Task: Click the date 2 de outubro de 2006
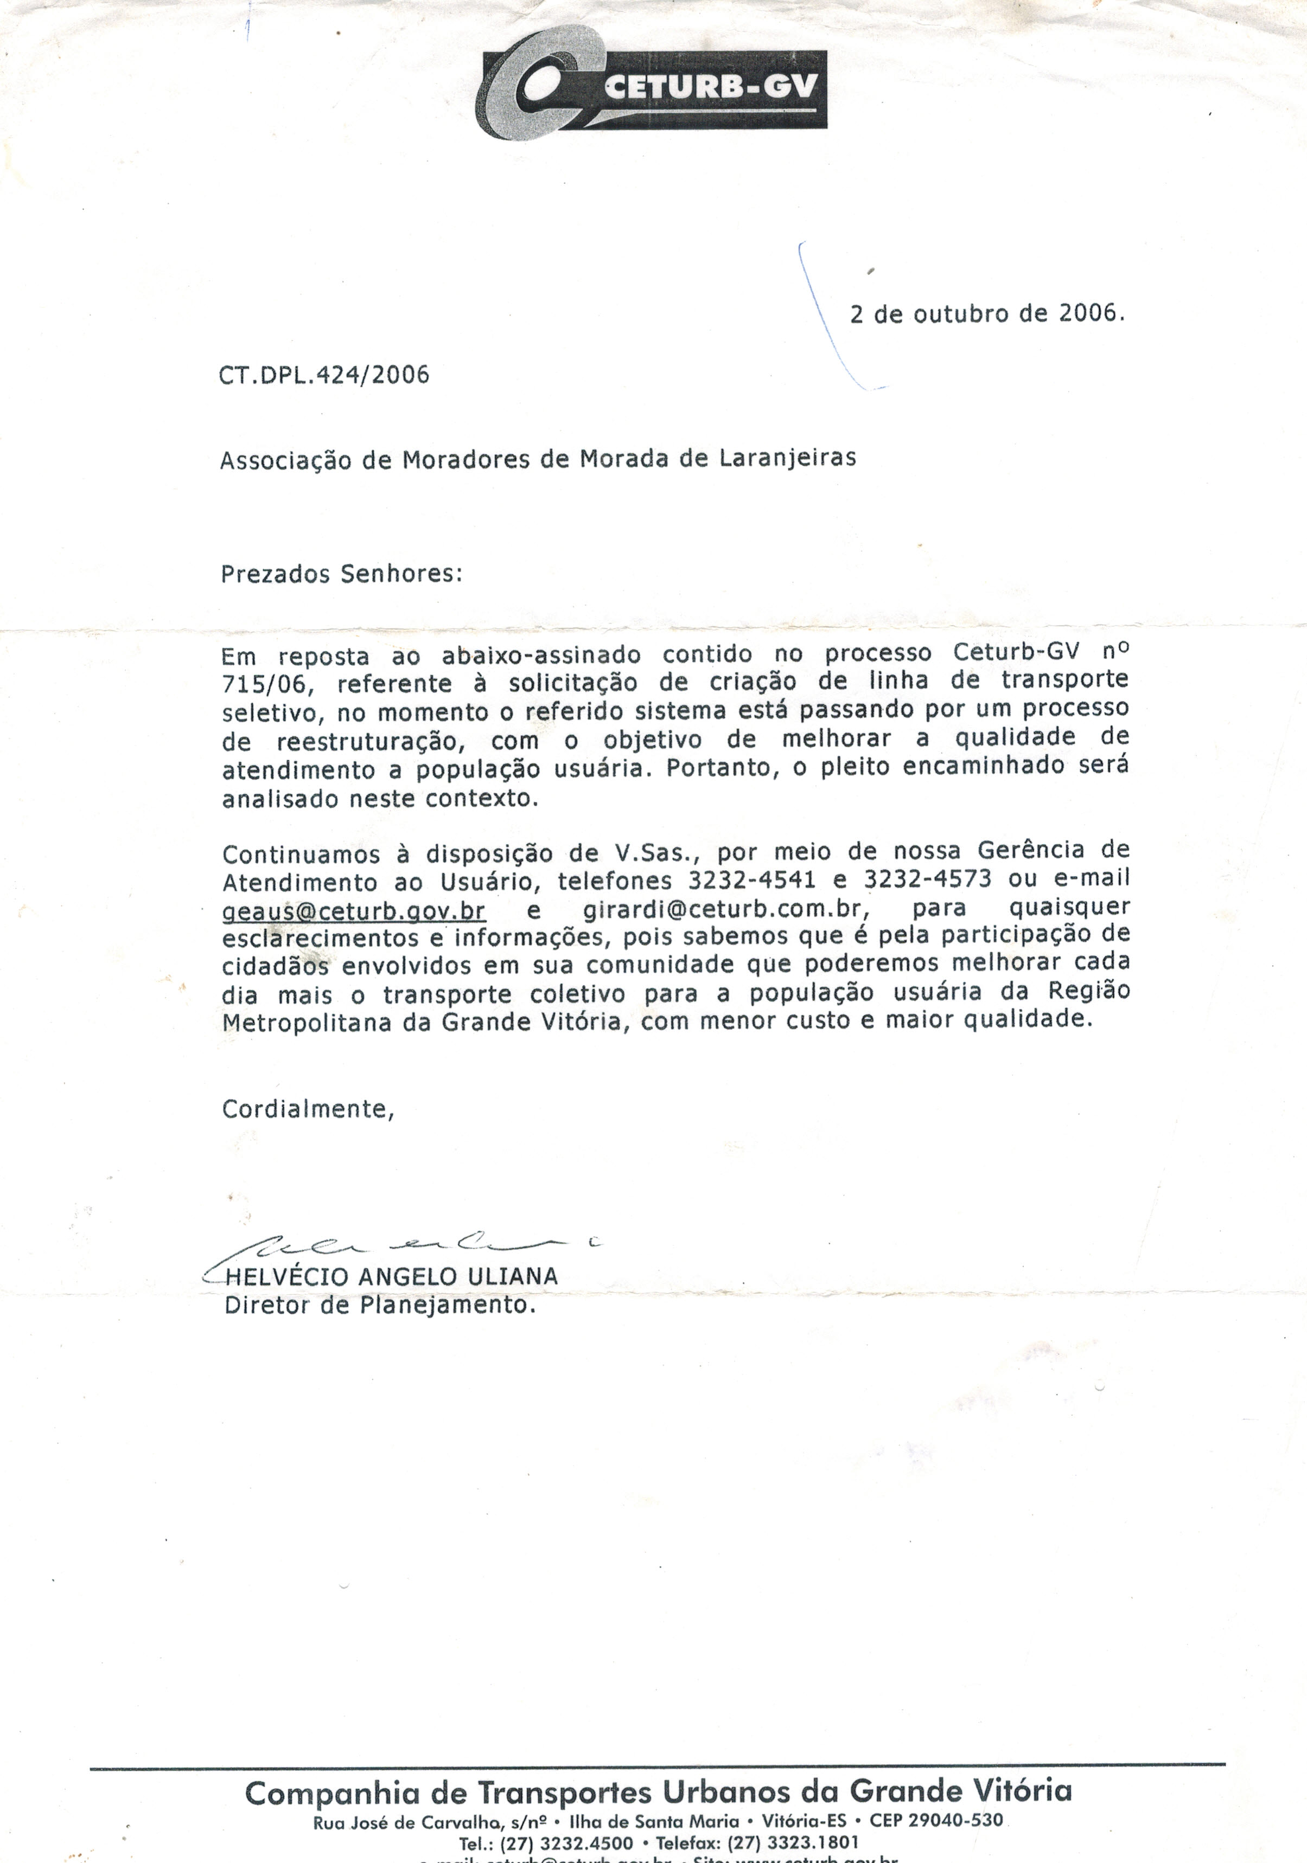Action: click(986, 314)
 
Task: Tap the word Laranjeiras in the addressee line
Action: click(787, 459)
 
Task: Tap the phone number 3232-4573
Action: click(927, 879)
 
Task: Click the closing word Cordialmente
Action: click(308, 1109)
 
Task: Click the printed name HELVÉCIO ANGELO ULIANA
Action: click(391, 1276)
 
